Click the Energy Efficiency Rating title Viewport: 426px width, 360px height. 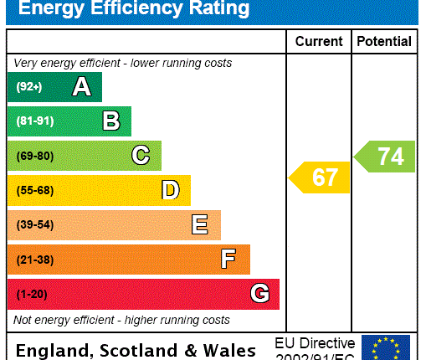click(134, 10)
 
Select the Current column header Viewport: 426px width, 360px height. click(319, 41)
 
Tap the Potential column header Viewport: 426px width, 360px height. click(384, 41)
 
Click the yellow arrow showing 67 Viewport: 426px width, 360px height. click(320, 177)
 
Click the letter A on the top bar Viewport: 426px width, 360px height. click(81, 86)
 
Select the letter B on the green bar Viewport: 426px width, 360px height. click(111, 121)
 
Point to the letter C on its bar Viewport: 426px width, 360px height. click(141, 156)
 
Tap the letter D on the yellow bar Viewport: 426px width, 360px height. click(170, 190)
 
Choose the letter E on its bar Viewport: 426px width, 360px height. click(199, 224)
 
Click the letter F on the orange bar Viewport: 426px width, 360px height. click(228, 260)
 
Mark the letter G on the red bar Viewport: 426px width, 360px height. click(259, 294)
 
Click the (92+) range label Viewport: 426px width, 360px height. click(29, 87)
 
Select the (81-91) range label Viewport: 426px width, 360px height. click(34, 121)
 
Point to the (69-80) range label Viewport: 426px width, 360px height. click(34, 156)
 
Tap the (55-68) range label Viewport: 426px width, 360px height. click(34, 191)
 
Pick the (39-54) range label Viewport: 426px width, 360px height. click(34, 225)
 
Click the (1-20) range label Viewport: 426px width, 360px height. click(32, 295)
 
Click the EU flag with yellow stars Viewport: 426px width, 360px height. click(386, 347)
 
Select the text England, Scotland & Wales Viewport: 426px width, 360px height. click(136, 350)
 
